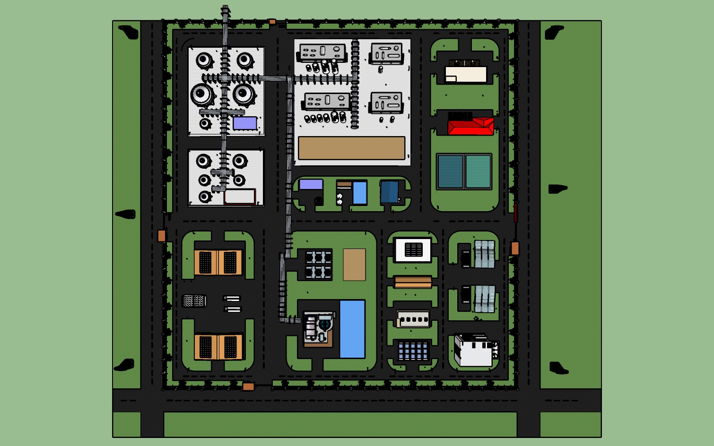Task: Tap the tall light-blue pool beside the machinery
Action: [x=352, y=329]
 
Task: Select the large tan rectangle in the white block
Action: [x=351, y=148]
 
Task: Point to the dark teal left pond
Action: [x=450, y=172]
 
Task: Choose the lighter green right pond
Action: [x=478, y=172]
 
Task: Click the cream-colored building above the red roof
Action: [x=466, y=74]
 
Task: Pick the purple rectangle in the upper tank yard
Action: [x=245, y=123]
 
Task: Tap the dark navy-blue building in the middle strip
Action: [x=390, y=192]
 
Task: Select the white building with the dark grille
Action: [x=413, y=249]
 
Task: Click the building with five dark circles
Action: [x=413, y=319]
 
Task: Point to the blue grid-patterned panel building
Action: [x=413, y=351]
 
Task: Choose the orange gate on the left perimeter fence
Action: [x=162, y=236]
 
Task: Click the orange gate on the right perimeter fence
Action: [x=515, y=248]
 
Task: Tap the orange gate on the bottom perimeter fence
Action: [x=248, y=387]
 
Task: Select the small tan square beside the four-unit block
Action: [x=354, y=265]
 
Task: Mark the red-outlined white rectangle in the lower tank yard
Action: [x=240, y=197]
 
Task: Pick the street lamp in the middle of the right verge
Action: [x=557, y=189]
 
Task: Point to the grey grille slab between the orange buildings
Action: [x=194, y=301]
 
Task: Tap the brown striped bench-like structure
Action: [x=413, y=282]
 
